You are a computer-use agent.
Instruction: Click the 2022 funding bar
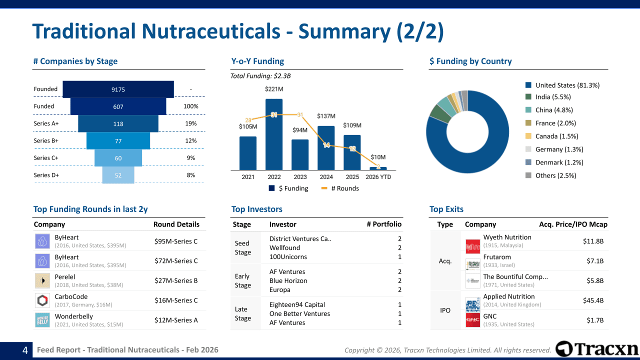point(274,135)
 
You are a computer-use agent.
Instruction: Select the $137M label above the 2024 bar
point(326,116)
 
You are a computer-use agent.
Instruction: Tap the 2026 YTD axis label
point(378,177)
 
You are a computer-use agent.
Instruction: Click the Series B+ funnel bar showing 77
point(118,141)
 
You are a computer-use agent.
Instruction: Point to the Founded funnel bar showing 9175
point(118,89)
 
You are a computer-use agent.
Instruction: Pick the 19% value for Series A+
point(191,123)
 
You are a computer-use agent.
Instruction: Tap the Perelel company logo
point(42,280)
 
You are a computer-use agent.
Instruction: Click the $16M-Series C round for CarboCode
point(176,300)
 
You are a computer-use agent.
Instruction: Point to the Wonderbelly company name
point(74,316)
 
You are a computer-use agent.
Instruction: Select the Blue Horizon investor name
point(288,281)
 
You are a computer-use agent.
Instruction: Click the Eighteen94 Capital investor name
point(297,305)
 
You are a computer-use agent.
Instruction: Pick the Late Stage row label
point(243,313)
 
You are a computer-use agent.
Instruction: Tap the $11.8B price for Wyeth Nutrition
point(593,241)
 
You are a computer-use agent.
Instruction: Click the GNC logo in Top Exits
point(472,320)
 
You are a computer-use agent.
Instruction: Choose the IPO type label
point(445,310)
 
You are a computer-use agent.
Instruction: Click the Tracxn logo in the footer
point(597,348)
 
